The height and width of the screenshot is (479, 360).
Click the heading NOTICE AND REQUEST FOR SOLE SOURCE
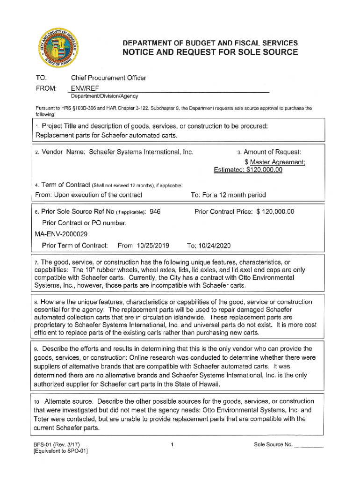[x=210, y=52]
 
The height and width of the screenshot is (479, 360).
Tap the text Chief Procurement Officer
[x=108, y=78]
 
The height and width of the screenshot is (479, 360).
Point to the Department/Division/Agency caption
[x=104, y=96]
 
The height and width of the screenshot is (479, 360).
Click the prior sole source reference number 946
[x=154, y=212]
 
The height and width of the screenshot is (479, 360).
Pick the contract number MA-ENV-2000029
[x=61, y=234]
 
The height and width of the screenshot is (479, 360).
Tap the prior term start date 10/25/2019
[x=151, y=246]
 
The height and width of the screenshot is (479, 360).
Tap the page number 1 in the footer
[x=173, y=444]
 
